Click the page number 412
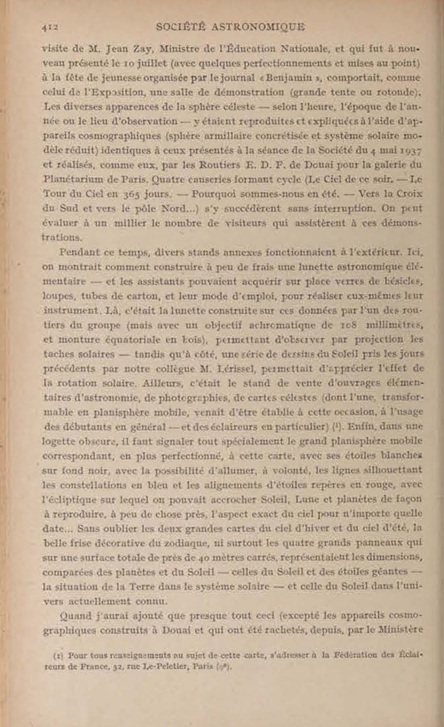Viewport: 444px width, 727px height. pyautogui.click(x=49, y=27)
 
